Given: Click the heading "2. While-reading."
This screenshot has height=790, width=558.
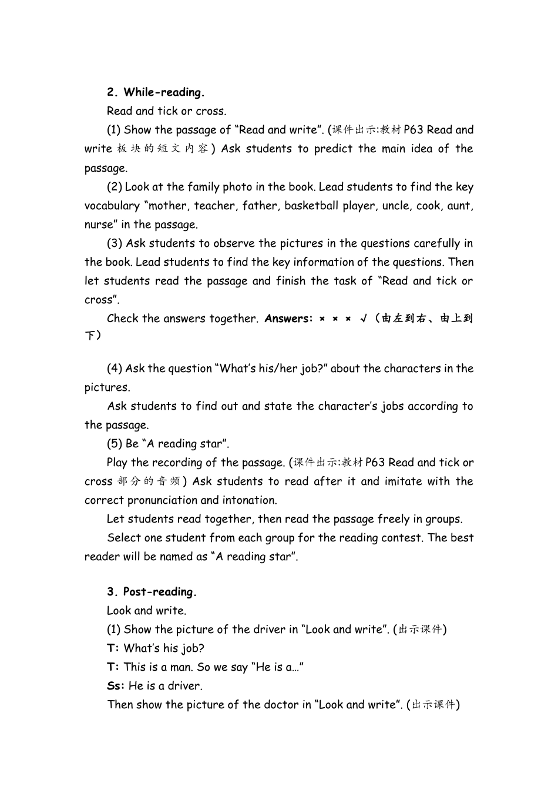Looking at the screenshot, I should pos(156,92).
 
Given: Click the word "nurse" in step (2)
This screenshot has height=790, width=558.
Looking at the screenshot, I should pos(99,225).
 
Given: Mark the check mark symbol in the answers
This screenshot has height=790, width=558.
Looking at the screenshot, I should pos(364,319).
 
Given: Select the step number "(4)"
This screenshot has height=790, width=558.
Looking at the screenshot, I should pos(115,369).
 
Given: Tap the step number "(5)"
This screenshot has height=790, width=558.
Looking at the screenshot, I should pos(115,444).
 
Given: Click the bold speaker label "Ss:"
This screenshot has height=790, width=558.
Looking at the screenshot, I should pos(116,686).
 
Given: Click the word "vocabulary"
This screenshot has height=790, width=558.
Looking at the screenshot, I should pos(112,206).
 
